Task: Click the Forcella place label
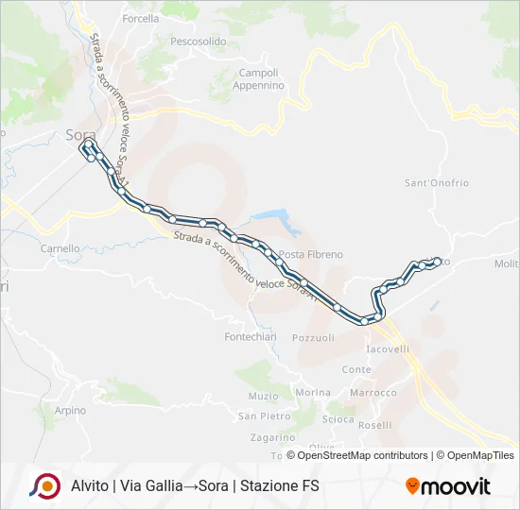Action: (140, 18)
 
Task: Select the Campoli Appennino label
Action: (258, 79)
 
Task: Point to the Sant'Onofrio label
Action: (437, 182)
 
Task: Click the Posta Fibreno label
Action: (311, 255)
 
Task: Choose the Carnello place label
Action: (61, 249)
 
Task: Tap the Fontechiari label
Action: (250, 337)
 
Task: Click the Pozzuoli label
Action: (314, 337)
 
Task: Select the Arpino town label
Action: (70, 411)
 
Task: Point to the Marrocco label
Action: (373, 393)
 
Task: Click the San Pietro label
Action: (264, 416)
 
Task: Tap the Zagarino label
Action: (273, 437)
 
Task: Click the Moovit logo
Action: (448, 486)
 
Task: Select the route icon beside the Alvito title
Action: (43, 486)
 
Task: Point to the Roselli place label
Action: (375, 425)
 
